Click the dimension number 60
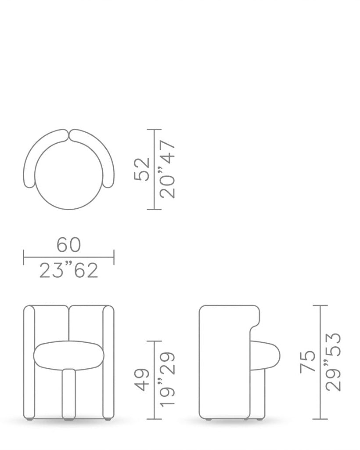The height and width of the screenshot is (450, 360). point(68,245)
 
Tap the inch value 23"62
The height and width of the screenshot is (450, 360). point(68,270)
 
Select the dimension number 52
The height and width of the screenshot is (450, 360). point(142,169)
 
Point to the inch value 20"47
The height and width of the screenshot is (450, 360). point(167,169)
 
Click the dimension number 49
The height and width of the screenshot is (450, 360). point(142,380)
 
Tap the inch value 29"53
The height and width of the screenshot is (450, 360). point(333,362)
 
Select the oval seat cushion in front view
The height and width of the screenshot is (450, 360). point(69,355)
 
